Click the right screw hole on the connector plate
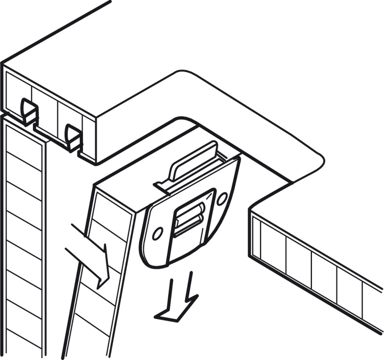pyautogui.click(x=222, y=198)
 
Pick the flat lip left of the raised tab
pyautogui.click(x=163, y=186)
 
